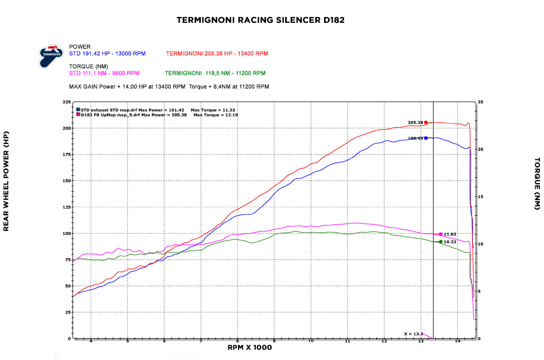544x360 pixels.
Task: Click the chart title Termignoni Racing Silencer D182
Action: (260, 21)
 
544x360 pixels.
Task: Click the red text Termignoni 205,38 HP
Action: (217, 53)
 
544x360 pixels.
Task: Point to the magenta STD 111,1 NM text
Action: (104, 73)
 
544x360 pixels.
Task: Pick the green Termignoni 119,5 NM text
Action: (215, 73)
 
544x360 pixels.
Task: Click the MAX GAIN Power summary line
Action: (169, 86)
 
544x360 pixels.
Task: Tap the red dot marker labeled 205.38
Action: (426, 123)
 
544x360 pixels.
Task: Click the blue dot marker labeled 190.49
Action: (426, 138)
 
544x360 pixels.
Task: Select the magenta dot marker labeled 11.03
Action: (440, 234)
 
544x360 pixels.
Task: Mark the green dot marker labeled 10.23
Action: (440, 242)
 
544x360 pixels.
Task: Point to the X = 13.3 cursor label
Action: (413, 334)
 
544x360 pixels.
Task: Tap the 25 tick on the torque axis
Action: (480, 102)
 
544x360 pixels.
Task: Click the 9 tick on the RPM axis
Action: (274, 341)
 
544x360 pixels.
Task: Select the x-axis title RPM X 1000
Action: (249, 348)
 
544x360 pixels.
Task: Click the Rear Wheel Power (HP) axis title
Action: (6, 181)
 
